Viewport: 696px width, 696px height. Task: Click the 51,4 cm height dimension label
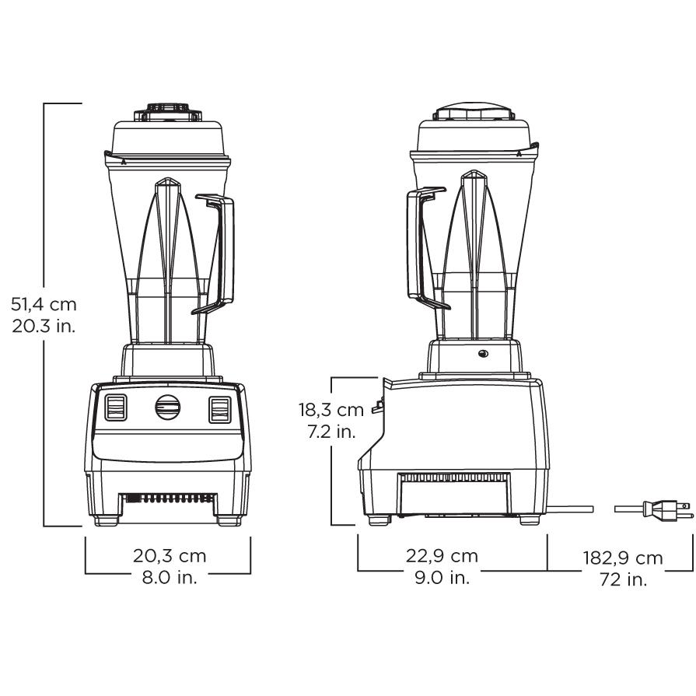point(44,305)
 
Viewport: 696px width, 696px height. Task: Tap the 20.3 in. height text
point(44,327)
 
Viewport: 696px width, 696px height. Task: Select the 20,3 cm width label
point(170,556)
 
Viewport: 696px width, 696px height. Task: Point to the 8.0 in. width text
point(170,578)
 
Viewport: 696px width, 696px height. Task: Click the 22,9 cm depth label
point(442,556)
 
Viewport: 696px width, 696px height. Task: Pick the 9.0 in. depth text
point(442,578)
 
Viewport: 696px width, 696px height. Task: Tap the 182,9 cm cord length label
point(623,558)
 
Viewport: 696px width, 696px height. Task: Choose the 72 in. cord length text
point(623,579)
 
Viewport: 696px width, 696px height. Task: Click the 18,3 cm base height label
point(331,410)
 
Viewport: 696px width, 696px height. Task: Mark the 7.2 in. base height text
point(331,432)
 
